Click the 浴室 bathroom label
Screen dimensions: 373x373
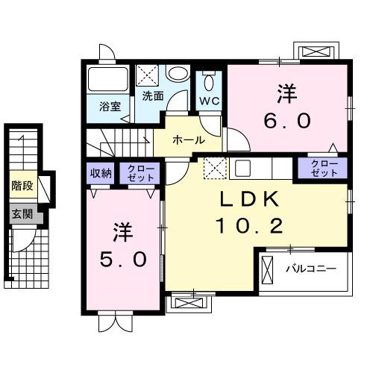point(110,106)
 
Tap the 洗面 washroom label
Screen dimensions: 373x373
point(153,95)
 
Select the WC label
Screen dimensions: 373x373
point(208,99)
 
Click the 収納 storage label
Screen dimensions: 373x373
point(101,173)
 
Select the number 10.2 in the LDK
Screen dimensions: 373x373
point(248,224)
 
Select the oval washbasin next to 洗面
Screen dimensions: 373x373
point(178,74)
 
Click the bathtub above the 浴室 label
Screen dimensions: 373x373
point(108,80)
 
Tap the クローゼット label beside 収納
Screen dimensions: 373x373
point(140,173)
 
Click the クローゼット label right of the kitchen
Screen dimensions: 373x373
point(322,168)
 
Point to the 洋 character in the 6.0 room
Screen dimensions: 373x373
point(288,94)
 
